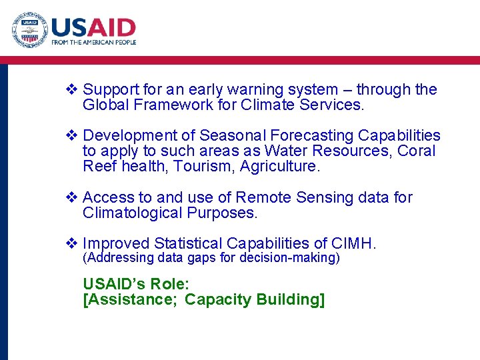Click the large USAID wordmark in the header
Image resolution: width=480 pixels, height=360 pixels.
[94, 28]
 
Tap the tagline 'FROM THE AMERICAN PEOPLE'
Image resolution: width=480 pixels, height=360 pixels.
[94, 43]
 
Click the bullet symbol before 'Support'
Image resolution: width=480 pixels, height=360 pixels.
[73, 89]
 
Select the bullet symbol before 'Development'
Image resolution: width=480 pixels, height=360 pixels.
[73, 136]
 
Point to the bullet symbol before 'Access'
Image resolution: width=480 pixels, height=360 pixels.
[73, 198]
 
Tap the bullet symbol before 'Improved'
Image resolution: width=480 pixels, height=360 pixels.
[73, 244]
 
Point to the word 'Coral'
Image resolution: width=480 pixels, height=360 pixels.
[416, 151]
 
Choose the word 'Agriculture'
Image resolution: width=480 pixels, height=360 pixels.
[281, 167]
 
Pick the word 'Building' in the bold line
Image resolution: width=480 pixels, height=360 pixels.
[287, 300]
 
